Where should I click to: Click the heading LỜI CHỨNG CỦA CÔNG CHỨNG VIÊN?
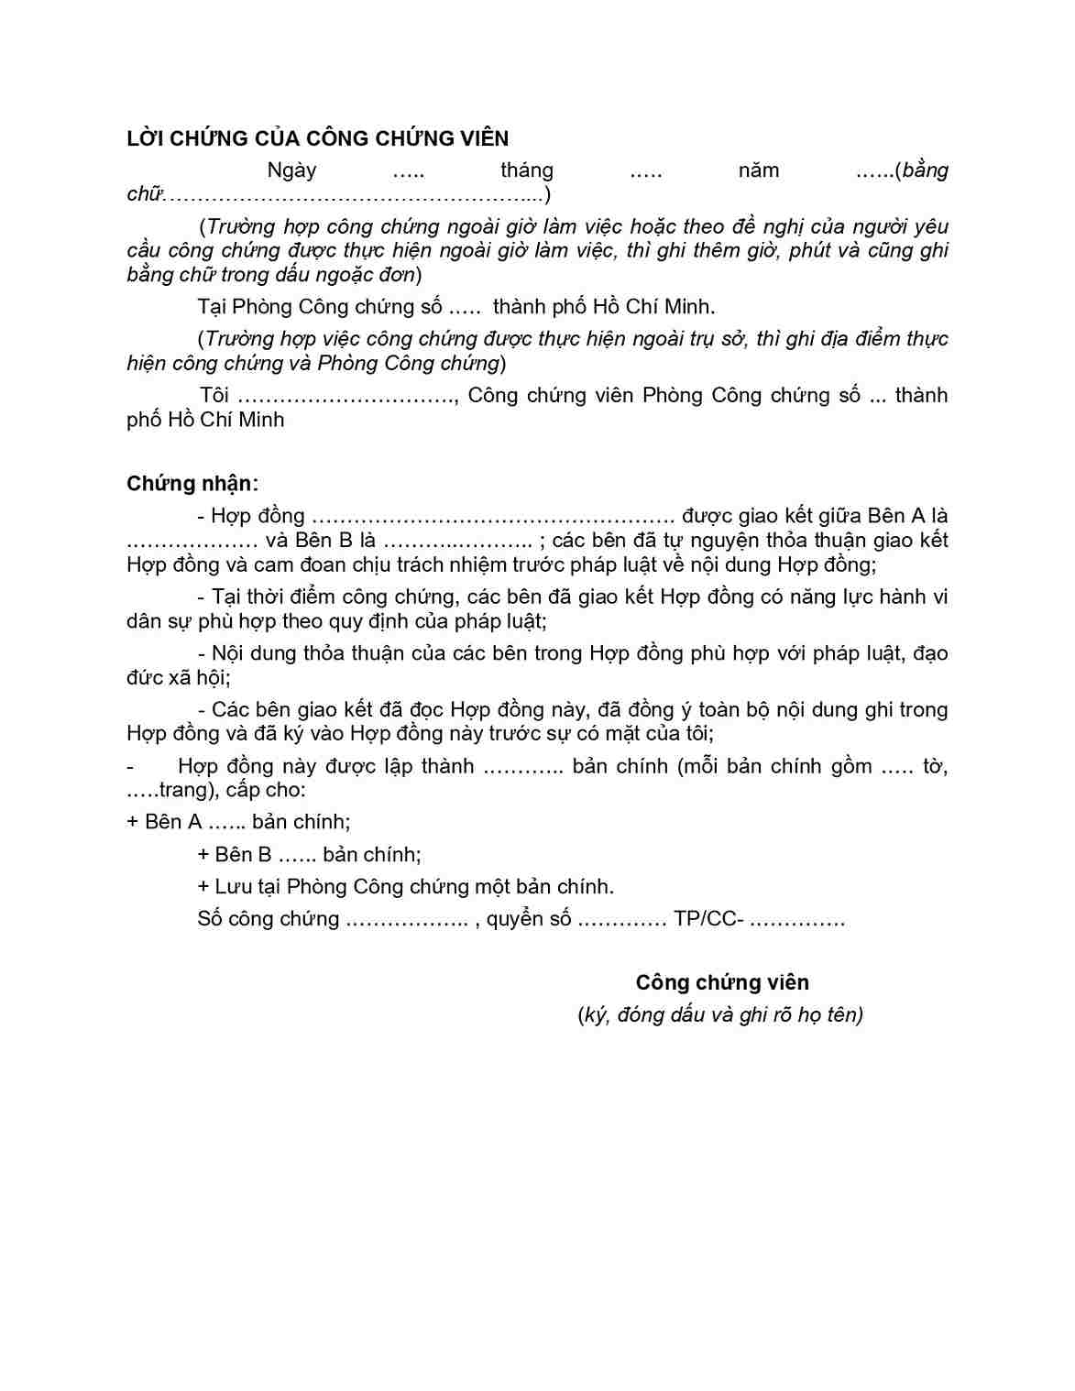317,138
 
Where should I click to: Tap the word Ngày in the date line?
291,170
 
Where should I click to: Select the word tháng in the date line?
527,170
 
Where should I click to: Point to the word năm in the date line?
758,170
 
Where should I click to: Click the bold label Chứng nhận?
192,484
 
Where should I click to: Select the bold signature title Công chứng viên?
722,982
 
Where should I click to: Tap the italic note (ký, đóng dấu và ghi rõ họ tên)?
720,1014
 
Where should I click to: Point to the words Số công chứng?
268,919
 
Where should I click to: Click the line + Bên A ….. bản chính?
238,822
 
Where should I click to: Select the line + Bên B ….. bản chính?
309,855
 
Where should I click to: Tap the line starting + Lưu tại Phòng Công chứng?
405,887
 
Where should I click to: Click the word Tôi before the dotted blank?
214,396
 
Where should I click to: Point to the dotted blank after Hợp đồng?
493,517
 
